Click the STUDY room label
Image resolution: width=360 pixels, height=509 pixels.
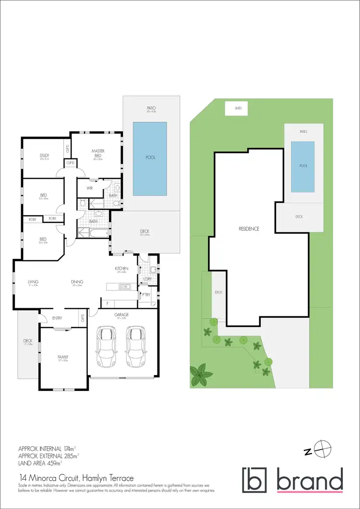pyautogui.click(x=44, y=155)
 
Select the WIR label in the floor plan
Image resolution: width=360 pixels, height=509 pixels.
pyautogui.click(x=89, y=188)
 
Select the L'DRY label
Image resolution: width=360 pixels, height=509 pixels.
pyautogui.click(x=147, y=279)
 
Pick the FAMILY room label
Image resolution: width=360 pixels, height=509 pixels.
pyautogui.click(x=63, y=357)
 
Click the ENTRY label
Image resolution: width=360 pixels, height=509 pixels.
pyautogui.click(x=58, y=317)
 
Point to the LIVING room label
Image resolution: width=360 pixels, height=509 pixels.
pyautogui.click(x=33, y=281)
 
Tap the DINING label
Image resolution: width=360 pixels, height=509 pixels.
pyautogui.click(x=77, y=281)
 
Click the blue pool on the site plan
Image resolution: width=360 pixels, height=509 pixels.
pyautogui.click(x=303, y=166)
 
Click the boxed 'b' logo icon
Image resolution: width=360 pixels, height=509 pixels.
pyautogui.click(x=255, y=480)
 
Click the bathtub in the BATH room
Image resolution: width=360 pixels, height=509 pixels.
pyautogui.click(x=94, y=234)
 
